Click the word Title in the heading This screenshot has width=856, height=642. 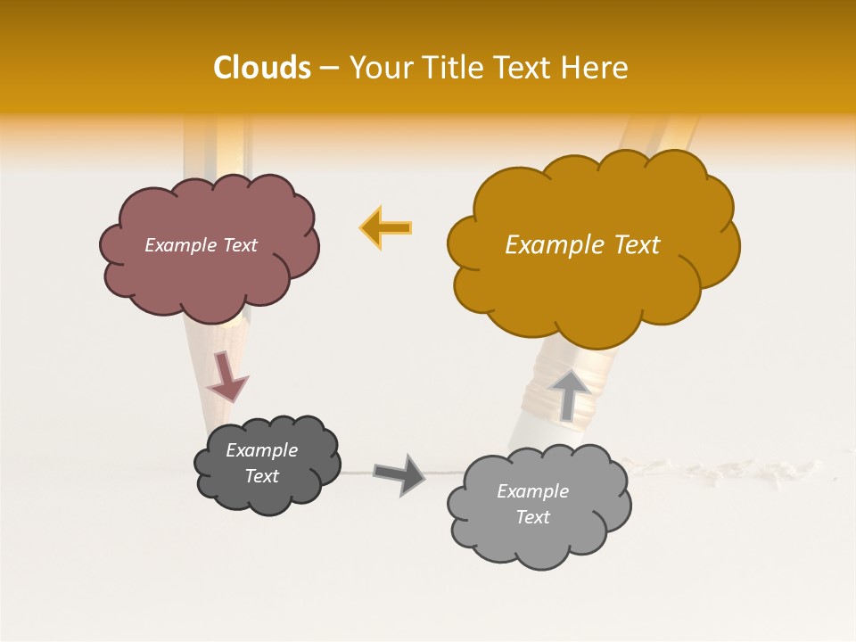[455, 68]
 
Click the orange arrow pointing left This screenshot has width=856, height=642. [386, 227]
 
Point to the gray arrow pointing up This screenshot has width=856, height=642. [571, 393]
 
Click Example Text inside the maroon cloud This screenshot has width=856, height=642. [201, 245]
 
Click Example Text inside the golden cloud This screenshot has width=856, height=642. [582, 245]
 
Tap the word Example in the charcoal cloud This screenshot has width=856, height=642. [261, 450]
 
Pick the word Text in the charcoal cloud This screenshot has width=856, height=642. [261, 476]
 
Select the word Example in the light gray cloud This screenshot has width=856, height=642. [532, 491]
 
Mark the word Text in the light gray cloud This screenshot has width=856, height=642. [532, 517]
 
